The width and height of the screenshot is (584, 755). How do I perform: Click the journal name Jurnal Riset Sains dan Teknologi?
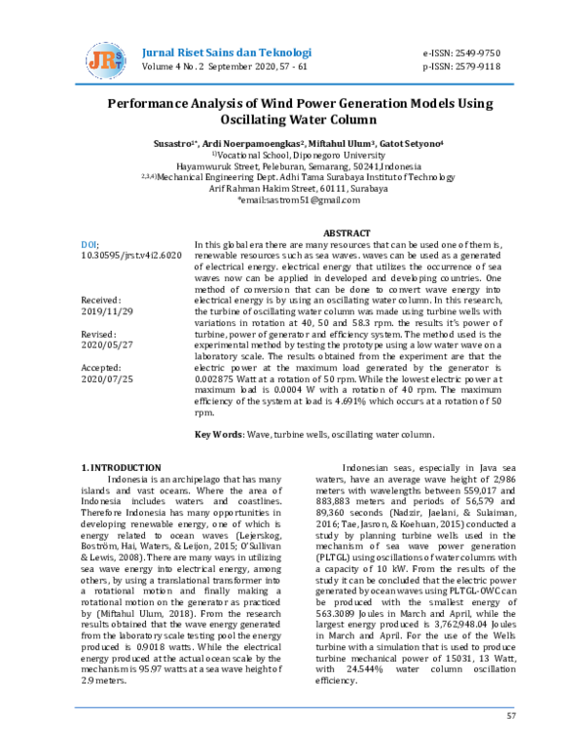click(227, 52)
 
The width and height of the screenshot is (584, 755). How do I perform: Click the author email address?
click(291, 200)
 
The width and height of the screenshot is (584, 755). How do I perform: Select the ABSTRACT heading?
click(347, 234)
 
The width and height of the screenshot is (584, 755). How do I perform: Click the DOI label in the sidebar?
click(88, 246)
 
